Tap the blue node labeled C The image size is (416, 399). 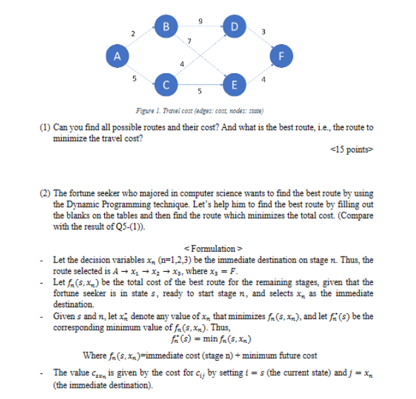167,84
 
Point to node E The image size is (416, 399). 232,84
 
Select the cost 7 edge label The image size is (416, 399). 190,42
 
